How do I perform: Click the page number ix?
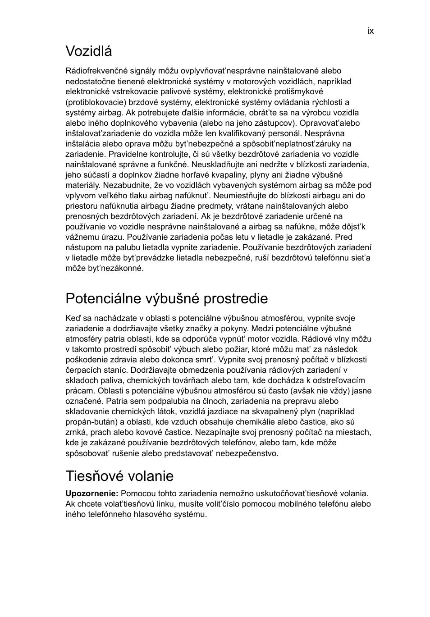(x=370, y=31)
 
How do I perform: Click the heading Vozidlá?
(x=89, y=51)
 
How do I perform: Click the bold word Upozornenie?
(x=92, y=494)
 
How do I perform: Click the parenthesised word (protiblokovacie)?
(x=95, y=102)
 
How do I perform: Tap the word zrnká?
(x=75, y=432)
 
